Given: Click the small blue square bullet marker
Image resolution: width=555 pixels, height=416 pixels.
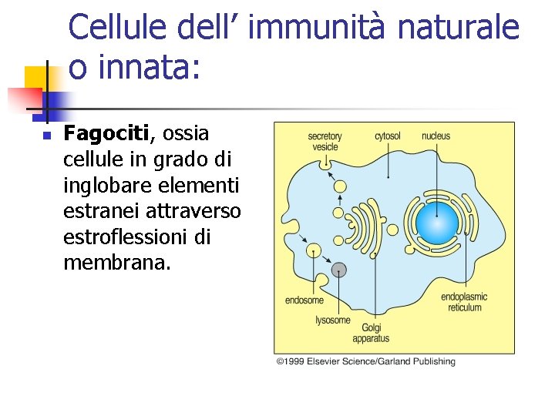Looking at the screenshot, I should coord(46,136).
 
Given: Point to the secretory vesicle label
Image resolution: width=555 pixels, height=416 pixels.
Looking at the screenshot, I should coord(325,141).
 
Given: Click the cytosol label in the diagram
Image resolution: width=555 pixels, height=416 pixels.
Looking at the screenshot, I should coord(388,136).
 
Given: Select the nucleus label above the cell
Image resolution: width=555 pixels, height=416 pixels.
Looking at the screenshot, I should coord(436,136).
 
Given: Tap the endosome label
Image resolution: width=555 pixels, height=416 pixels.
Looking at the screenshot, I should coord(304,300).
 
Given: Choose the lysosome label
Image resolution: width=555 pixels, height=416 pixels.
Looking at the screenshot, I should coord(333,320).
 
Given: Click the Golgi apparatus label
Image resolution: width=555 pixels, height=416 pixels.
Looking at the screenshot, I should coord(371,333).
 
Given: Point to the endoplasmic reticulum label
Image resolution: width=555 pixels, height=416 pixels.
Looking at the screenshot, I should coord(464,302).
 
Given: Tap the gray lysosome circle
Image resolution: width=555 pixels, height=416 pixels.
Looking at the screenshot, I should coord(339,270).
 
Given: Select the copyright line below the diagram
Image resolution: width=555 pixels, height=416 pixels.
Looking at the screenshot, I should coord(366,361).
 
